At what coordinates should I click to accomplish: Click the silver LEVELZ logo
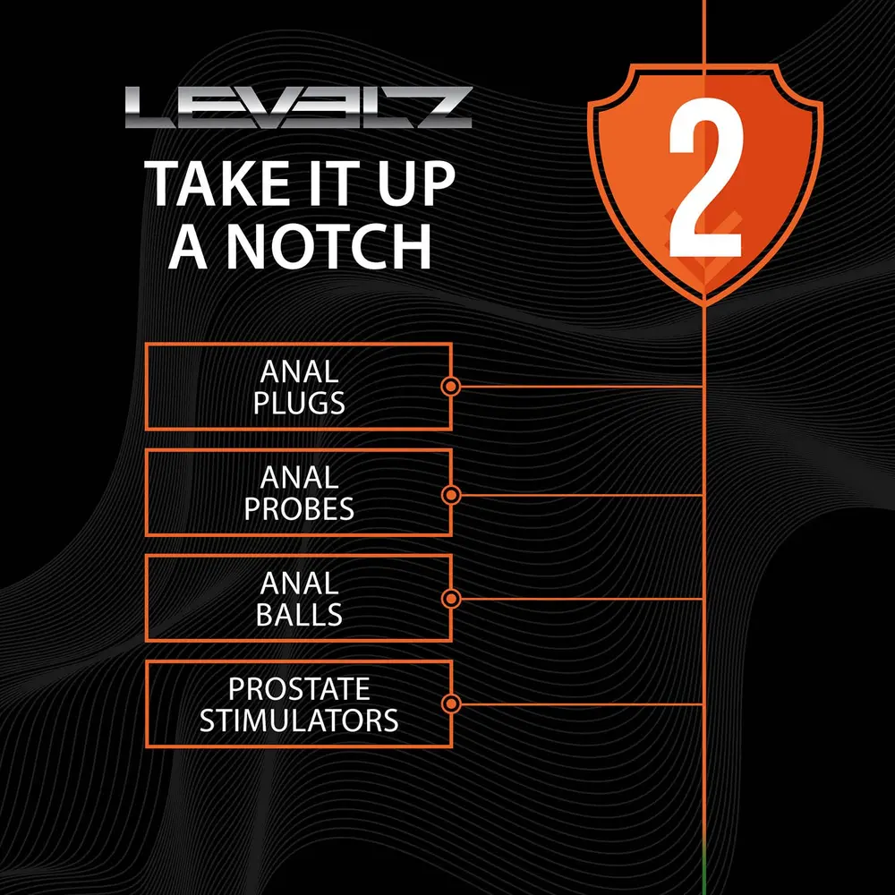pyautogui.click(x=299, y=107)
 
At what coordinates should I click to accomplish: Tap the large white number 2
pyautogui.click(x=705, y=177)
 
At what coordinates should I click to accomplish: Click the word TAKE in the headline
pyautogui.click(x=217, y=183)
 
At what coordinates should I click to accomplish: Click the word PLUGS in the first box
pyautogui.click(x=299, y=403)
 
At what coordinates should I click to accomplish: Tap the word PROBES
pyautogui.click(x=299, y=508)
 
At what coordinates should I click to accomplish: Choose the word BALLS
pyautogui.click(x=299, y=614)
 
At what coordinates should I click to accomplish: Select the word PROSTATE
pyautogui.click(x=299, y=689)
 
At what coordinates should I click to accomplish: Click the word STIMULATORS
pyautogui.click(x=299, y=720)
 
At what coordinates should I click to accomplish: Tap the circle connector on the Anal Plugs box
pyautogui.click(x=451, y=387)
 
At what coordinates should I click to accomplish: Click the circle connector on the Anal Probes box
pyautogui.click(x=451, y=495)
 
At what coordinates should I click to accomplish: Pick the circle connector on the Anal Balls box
pyautogui.click(x=451, y=599)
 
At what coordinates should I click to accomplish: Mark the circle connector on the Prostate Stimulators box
pyautogui.click(x=451, y=703)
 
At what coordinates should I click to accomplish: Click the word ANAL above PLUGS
pyautogui.click(x=299, y=371)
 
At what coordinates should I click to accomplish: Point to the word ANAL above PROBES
pyautogui.click(x=299, y=477)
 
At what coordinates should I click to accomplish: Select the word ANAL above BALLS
pyautogui.click(x=299, y=584)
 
